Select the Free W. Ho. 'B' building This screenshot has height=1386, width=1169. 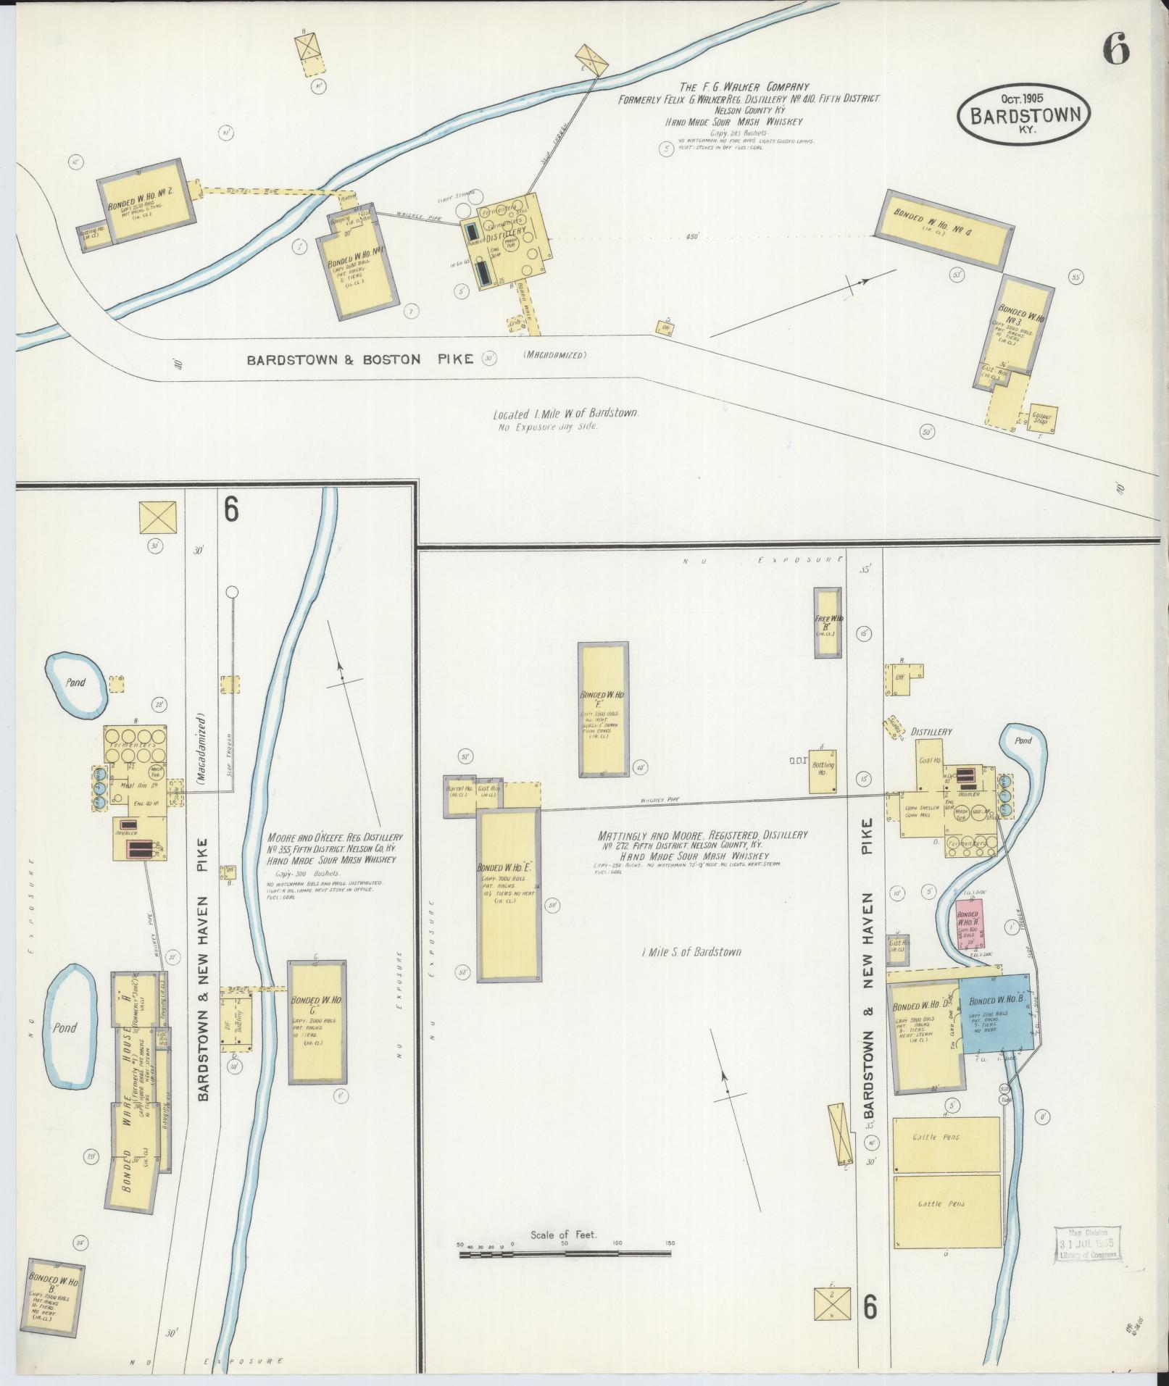coord(827,622)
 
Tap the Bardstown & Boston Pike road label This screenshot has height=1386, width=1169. coord(359,359)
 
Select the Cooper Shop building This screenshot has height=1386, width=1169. coord(1044,418)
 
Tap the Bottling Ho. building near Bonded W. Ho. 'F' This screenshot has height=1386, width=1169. coord(823,772)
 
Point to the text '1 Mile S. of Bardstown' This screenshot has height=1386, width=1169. coord(691,951)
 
